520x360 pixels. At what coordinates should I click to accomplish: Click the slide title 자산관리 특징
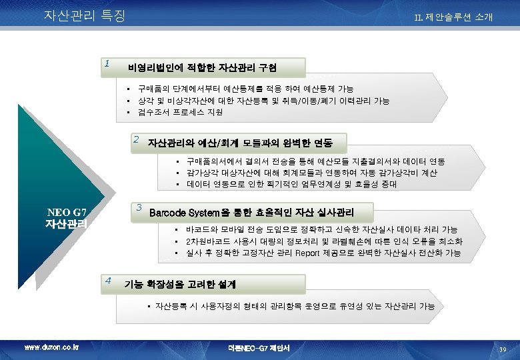84,15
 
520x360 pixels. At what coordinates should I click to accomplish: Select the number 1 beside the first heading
107,65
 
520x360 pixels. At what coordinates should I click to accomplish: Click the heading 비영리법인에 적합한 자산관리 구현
203,68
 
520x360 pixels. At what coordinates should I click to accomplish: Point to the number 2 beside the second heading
136,139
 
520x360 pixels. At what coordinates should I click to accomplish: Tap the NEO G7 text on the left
66,213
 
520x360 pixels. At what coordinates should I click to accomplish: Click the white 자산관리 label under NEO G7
66,225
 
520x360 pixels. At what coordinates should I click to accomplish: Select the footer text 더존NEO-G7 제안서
259,348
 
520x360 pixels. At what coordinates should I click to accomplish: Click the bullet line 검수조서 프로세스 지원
180,112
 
